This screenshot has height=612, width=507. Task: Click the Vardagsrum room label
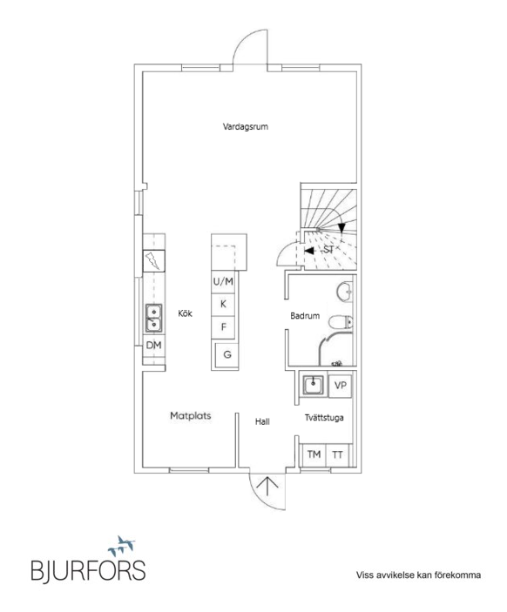244,127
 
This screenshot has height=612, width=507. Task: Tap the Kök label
185,314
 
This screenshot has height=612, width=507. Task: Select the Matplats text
191,416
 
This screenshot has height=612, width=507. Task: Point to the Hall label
262,421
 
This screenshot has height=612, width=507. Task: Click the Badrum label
306,316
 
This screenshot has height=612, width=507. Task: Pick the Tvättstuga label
323,418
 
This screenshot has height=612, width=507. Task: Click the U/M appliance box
224,282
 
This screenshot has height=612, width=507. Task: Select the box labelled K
224,304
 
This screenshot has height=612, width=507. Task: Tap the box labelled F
224,326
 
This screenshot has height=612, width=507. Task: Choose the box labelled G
227,354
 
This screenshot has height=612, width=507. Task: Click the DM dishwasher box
153,346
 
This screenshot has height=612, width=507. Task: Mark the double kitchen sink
153,319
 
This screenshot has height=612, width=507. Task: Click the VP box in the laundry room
341,385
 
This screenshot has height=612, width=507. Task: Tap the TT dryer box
337,455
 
